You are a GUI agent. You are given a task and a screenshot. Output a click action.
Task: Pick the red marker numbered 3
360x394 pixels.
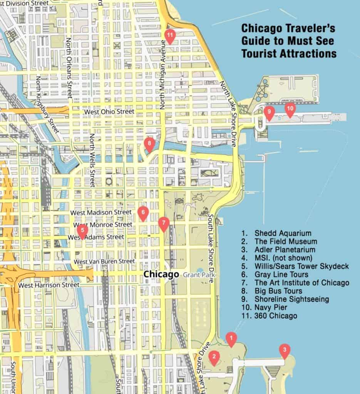coord(284,351)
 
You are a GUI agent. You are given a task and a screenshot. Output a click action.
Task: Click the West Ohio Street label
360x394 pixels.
coord(109,112)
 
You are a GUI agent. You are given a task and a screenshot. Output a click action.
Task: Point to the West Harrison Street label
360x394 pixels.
coord(49,285)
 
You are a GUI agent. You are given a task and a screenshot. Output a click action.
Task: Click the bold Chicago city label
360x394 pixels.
coord(161,274)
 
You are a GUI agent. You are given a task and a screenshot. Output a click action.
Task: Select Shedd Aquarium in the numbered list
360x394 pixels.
coord(282,233)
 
